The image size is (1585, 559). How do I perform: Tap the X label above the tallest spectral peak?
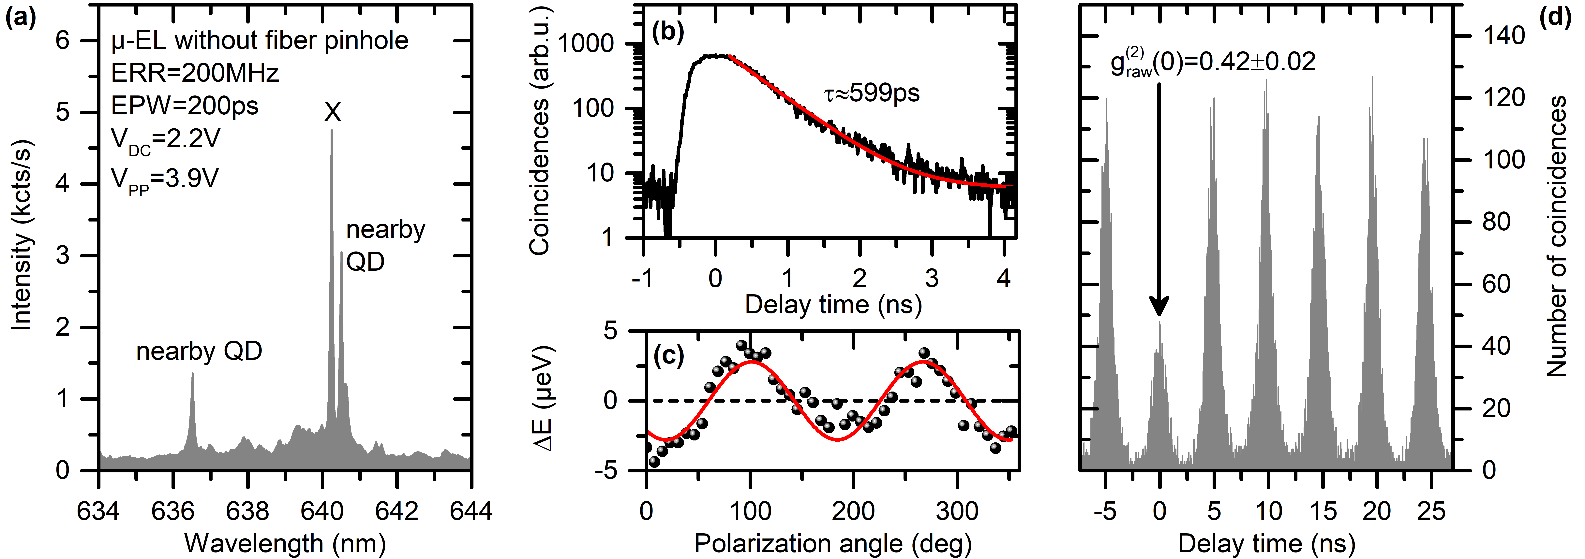coord(332,113)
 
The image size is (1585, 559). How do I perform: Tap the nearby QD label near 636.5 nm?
coord(199,351)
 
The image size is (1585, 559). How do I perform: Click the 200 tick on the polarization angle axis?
coord(853,511)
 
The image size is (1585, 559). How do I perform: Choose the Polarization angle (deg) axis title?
coord(832,544)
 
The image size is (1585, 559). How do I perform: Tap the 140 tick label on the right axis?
coord(1503,36)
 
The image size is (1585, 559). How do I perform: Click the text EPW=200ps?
coord(185,106)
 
